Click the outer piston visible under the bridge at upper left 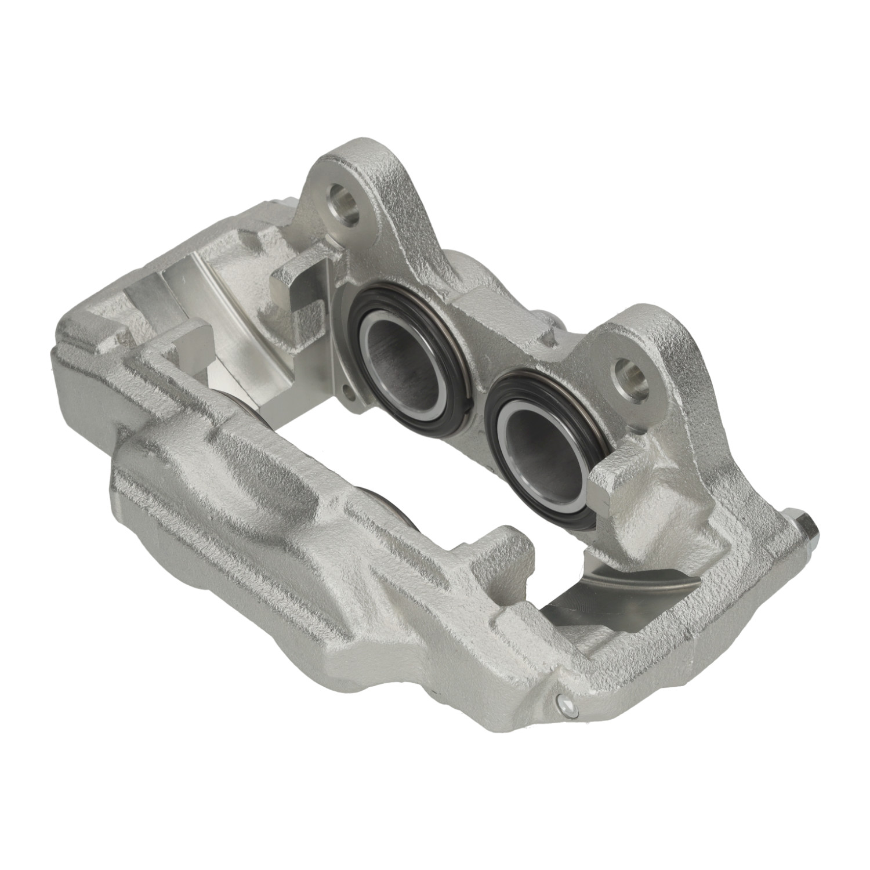click(246, 406)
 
